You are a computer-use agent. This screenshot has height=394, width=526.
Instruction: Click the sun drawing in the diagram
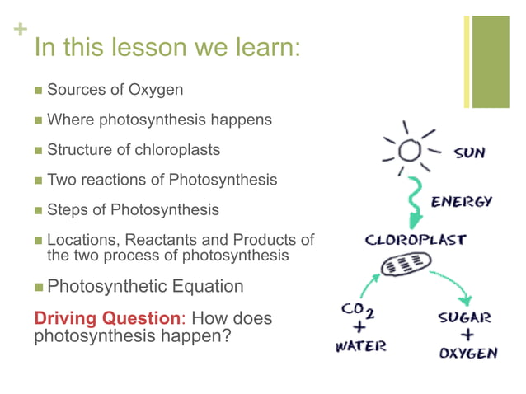pos(409,151)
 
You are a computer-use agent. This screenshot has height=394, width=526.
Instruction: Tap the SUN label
pos(470,153)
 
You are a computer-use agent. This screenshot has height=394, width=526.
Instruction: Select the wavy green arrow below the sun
pos(416,202)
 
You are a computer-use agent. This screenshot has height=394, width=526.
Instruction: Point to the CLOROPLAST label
pos(416,241)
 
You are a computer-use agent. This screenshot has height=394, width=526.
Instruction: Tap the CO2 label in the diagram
pos(360,311)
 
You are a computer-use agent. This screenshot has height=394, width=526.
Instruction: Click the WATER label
pos(359,347)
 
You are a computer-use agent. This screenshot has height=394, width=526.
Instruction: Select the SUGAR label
pos(467,317)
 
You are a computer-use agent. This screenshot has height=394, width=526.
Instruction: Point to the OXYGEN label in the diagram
pos(467,354)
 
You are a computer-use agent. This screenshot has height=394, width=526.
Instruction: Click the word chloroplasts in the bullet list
pos(179,150)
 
